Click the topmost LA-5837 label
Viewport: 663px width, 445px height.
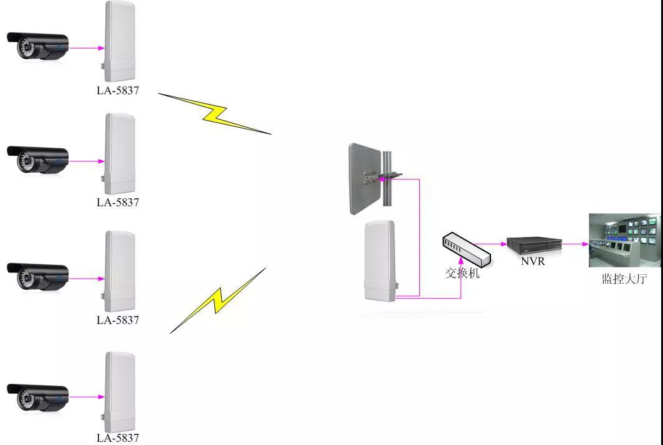point(118,90)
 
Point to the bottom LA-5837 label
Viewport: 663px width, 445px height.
point(118,438)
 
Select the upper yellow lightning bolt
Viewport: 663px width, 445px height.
point(215,114)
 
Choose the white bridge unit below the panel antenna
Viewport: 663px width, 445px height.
point(380,261)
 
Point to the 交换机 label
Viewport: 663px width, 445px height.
point(462,272)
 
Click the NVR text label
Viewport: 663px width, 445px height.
point(533,261)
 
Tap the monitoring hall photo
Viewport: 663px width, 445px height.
point(624,240)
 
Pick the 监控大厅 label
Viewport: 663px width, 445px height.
point(621,279)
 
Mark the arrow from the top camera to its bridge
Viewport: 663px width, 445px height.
point(86,47)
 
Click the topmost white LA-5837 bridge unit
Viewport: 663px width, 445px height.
point(119,41)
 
